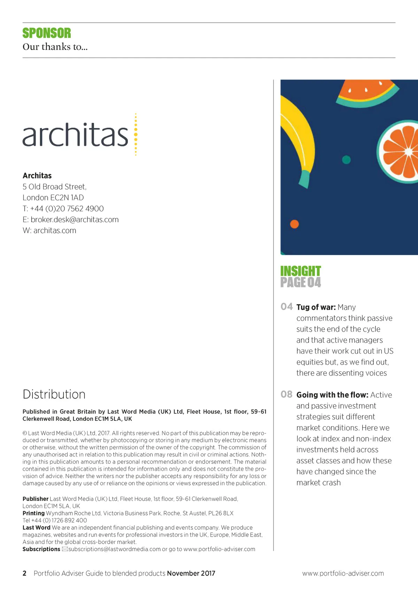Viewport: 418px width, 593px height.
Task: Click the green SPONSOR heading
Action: (47, 33)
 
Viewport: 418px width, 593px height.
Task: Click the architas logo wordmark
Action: (76, 135)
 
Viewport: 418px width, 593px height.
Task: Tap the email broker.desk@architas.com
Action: (75, 220)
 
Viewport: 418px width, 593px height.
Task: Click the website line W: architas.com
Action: (49, 231)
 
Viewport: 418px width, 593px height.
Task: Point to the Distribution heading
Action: (54, 394)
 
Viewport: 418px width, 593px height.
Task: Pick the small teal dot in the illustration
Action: (346, 160)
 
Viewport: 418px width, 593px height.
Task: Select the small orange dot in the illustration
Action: (294, 224)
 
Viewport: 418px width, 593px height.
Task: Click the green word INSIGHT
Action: (301, 271)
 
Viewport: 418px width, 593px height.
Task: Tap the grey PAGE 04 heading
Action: (301, 282)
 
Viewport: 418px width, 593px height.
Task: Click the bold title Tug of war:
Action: (316, 307)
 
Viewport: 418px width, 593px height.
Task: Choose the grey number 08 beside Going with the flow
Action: (286, 394)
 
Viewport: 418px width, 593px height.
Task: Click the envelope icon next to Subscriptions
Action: (65, 549)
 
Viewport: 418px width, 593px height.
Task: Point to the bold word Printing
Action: (33, 513)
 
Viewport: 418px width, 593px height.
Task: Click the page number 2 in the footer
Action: (24, 574)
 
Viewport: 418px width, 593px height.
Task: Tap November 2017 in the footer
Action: (191, 574)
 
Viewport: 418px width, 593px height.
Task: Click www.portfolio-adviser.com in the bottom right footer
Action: (343, 574)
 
